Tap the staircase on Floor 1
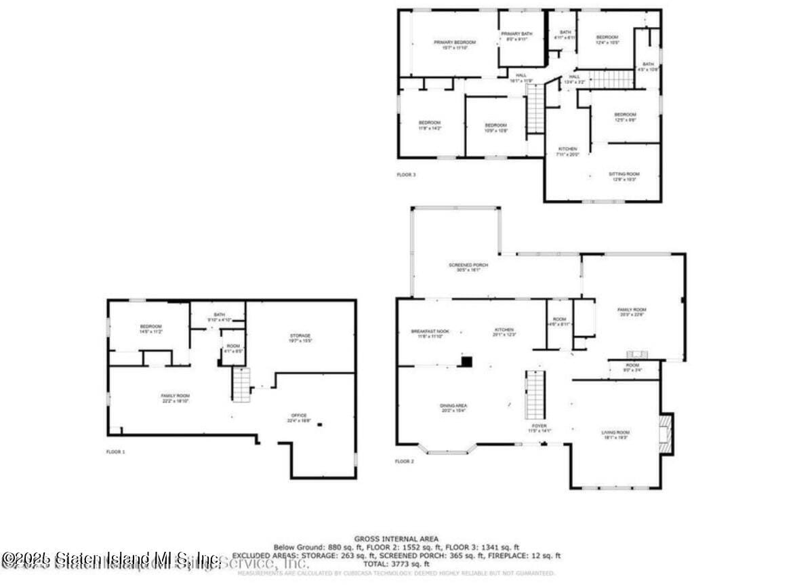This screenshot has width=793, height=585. tap(242, 384)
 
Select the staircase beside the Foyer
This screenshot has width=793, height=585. tap(535, 395)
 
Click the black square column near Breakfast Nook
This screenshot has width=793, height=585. tap(466, 361)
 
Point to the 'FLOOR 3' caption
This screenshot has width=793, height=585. tap(406, 175)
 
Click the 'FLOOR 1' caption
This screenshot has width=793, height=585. tap(116, 451)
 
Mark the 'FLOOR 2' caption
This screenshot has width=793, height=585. tap(404, 462)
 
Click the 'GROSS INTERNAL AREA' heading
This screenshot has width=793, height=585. tap(396, 539)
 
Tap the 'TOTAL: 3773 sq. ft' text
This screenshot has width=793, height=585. tap(396, 563)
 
